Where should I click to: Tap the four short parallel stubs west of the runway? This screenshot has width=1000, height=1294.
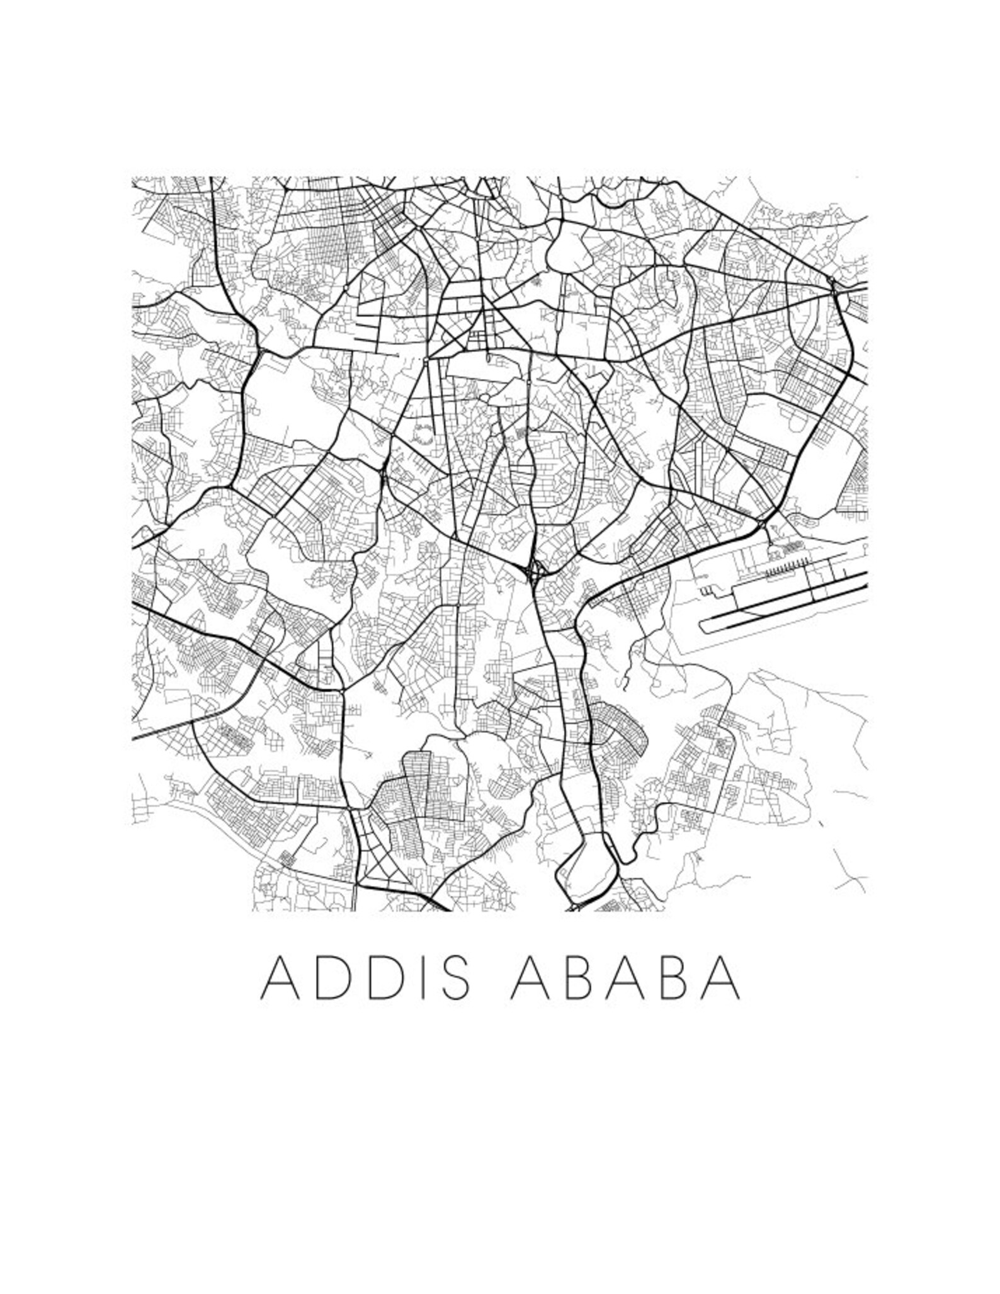707,590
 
